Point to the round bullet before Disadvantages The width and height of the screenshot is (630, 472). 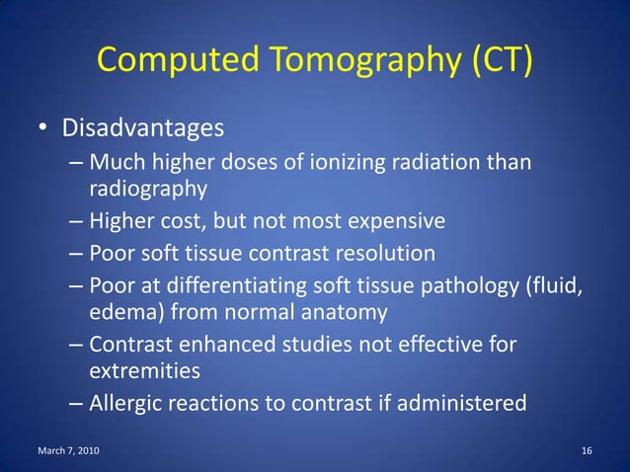click(x=44, y=129)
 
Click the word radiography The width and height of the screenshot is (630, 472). click(x=148, y=188)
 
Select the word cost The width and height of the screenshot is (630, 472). click(x=197, y=219)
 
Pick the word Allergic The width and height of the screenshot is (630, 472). click(x=127, y=403)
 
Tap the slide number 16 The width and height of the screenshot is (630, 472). click(x=587, y=451)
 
